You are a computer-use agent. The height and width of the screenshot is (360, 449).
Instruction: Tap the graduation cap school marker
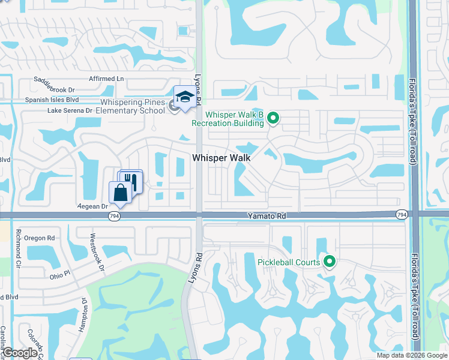point(185,97)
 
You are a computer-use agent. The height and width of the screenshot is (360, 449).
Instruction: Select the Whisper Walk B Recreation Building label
point(228,119)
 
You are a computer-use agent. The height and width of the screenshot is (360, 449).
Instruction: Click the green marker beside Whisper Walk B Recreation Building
point(273,118)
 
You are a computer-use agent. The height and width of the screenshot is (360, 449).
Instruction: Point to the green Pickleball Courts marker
point(329,262)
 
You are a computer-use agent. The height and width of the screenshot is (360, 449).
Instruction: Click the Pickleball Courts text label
point(289,262)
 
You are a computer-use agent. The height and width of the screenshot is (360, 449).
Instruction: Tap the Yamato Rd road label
point(265,214)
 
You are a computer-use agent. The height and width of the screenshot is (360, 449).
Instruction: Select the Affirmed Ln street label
point(106,79)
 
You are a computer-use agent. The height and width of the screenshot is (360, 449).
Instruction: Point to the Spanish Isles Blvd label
point(52,100)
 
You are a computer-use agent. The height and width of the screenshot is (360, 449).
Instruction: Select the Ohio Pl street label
point(60,276)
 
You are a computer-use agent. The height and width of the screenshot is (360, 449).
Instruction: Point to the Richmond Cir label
point(18,248)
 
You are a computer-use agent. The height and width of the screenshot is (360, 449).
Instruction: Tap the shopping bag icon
point(120,193)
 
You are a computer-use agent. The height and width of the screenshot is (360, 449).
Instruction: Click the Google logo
point(20,353)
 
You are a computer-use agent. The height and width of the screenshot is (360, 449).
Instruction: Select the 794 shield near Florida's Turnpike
point(401,214)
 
